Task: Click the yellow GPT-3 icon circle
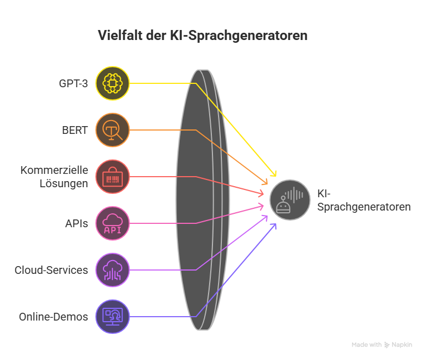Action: coord(112,83)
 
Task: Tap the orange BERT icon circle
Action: coord(112,130)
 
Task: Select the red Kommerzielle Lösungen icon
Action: coord(112,177)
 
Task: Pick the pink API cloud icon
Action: coord(112,223)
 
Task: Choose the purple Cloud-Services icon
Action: coord(112,270)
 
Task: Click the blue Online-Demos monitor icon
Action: coord(112,317)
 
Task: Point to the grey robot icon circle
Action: coord(290,200)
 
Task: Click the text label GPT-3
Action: coord(73,84)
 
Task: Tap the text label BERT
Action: coord(75,131)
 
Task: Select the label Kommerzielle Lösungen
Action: coord(54,177)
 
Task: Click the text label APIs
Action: coord(76,224)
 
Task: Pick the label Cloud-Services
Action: coord(51,271)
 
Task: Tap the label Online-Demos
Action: coord(53,317)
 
